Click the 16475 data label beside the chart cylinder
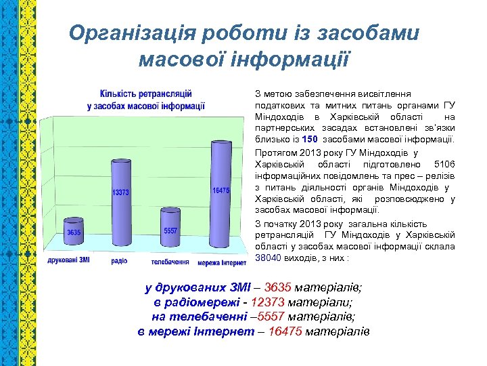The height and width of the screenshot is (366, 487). [x=221, y=191]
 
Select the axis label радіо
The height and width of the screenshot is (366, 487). [x=119, y=261]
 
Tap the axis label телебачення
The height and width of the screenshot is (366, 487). [x=169, y=262]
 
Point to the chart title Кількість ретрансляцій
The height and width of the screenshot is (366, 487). [x=145, y=94]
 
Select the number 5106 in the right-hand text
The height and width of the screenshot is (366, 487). [x=444, y=165]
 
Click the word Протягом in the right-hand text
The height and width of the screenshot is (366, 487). [x=274, y=152]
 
